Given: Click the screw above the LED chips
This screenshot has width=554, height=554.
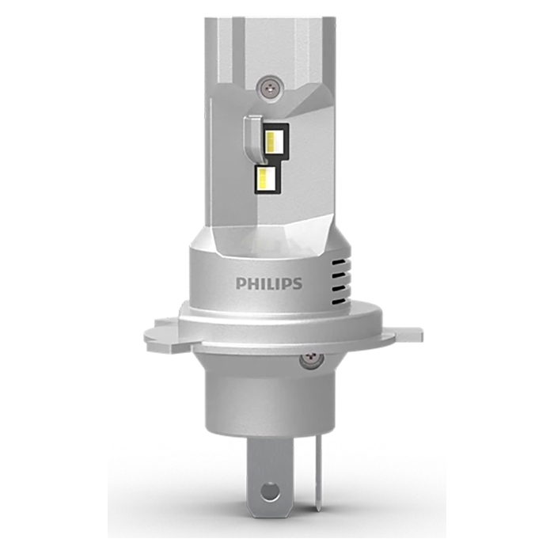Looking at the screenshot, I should click(x=271, y=82).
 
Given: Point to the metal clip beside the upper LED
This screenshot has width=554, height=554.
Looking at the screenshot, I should click(x=252, y=135).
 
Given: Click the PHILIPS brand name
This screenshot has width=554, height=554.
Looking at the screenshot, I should click(x=268, y=283).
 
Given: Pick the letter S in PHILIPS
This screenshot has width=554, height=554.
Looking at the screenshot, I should click(x=297, y=283).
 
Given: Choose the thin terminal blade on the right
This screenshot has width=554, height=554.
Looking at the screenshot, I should click(x=317, y=467).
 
